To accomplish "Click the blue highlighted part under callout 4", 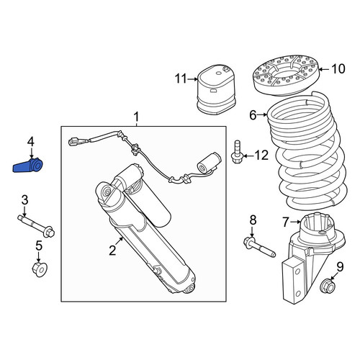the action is click(x=27, y=166).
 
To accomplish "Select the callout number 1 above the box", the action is click(x=136, y=117).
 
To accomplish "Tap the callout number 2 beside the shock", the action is click(x=112, y=250).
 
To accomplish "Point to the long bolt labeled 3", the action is click(x=36, y=226).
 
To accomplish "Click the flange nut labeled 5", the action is click(x=40, y=269).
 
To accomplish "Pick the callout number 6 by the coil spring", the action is click(x=253, y=115).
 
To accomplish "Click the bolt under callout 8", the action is click(x=259, y=247).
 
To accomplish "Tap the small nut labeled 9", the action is click(x=328, y=286).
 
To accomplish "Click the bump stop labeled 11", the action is click(x=215, y=89).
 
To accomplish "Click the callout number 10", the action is click(x=338, y=69).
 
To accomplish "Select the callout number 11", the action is click(x=181, y=78).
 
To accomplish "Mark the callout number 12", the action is click(x=261, y=156).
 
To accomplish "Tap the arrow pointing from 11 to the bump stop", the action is click(x=192, y=78).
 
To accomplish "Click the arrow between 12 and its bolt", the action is click(x=248, y=156).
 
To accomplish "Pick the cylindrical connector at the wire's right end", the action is click(x=209, y=163).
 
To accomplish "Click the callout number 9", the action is click(x=340, y=267).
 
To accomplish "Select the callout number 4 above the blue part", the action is click(x=31, y=142).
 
